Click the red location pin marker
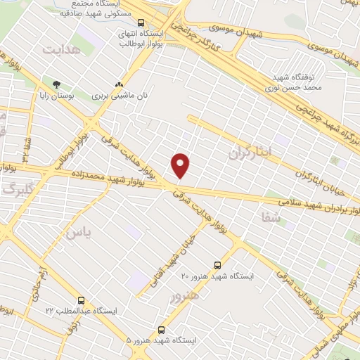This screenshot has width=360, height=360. (x=181, y=165)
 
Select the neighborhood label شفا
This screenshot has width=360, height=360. (x=270, y=219)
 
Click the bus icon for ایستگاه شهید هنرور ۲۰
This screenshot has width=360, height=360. (x=217, y=265)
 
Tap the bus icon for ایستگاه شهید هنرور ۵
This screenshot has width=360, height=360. (x=161, y=329)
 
